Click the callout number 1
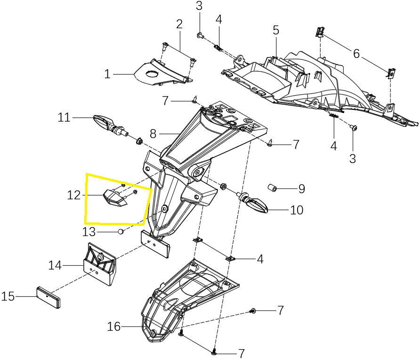pyautogui.click(x=107, y=74)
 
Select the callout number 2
pyautogui.click(x=179, y=24)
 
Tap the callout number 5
pyautogui.click(x=276, y=30)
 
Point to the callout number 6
pyautogui.click(x=356, y=54)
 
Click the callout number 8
pyautogui.click(x=153, y=134)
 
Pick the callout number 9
pyautogui.click(x=301, y=189)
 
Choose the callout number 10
pyautogui.click(x=297, y=210)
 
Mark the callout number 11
pyautogui.click(x=64, y=117)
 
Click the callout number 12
pyautogui.click(x=74, y=195)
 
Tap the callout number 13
pyautogui.click(x=89, y=231)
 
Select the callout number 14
pyautogui.click(x=55, y=265)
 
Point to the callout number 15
pyautogui.click(x=8, y=296)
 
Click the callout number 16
pyautogui.click(x=114, y=326)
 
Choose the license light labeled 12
pyautogui.click(x=114, y=197)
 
